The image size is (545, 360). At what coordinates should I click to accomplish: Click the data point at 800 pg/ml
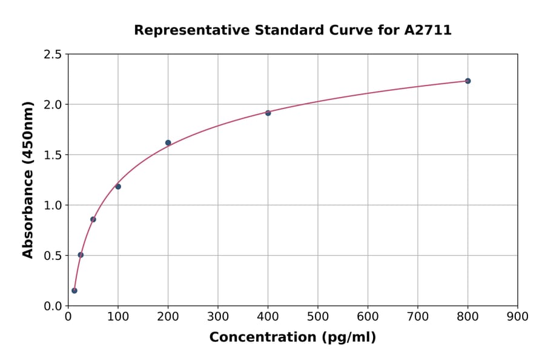pos(467,81)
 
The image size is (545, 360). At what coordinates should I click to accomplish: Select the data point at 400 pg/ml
pos(268,113)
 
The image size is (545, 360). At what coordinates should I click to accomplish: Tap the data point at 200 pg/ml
pos(168,143)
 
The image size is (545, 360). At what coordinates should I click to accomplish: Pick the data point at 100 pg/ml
pos(118,187)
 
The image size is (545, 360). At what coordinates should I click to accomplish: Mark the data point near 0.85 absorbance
pos(93,219)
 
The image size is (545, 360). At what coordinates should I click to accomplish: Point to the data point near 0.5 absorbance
pos(81,255)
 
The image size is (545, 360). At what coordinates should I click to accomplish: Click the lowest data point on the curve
pos(74,290)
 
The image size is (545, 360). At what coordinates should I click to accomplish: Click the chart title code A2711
pos(428,30)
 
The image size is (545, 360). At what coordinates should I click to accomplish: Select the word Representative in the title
pos(183,30)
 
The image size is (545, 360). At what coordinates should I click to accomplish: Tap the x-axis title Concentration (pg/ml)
pos(292,337)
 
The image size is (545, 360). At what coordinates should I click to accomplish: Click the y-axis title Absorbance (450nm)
pos(28,180)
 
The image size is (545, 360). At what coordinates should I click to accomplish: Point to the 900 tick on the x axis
pos(518,316)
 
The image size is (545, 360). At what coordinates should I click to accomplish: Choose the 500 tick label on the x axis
pos(318,316)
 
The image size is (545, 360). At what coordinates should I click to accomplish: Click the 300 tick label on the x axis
pos(218,316)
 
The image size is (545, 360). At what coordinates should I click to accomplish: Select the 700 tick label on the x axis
pos(418,316)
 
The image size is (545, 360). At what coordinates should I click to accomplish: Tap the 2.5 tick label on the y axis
pos(53,55)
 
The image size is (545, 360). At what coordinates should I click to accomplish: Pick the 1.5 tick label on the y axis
pos(53,155)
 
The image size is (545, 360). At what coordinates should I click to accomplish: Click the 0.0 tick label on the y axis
pos(53,306)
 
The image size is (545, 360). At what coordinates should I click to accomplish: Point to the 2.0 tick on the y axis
pos(53,105)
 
